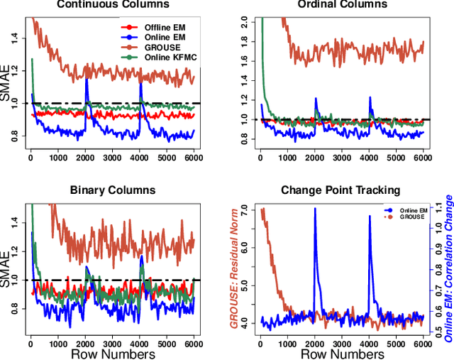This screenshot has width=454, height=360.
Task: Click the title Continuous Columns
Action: pyautogui.click(x=113, y=4)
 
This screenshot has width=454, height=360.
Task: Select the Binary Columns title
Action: pyautogui.click(x=113, y=190)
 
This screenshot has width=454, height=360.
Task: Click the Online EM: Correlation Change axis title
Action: pyautogui.click(x=448, y=268)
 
